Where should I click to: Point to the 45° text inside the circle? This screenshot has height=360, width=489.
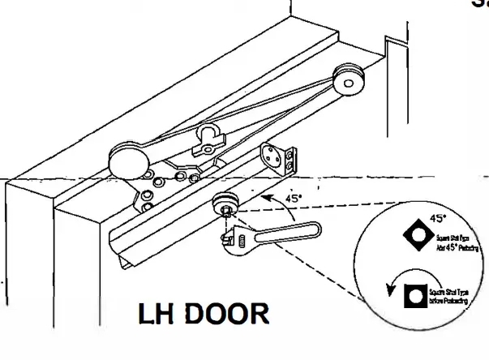coord(438,218)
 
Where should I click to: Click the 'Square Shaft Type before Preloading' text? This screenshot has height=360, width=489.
coord(453,297)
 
